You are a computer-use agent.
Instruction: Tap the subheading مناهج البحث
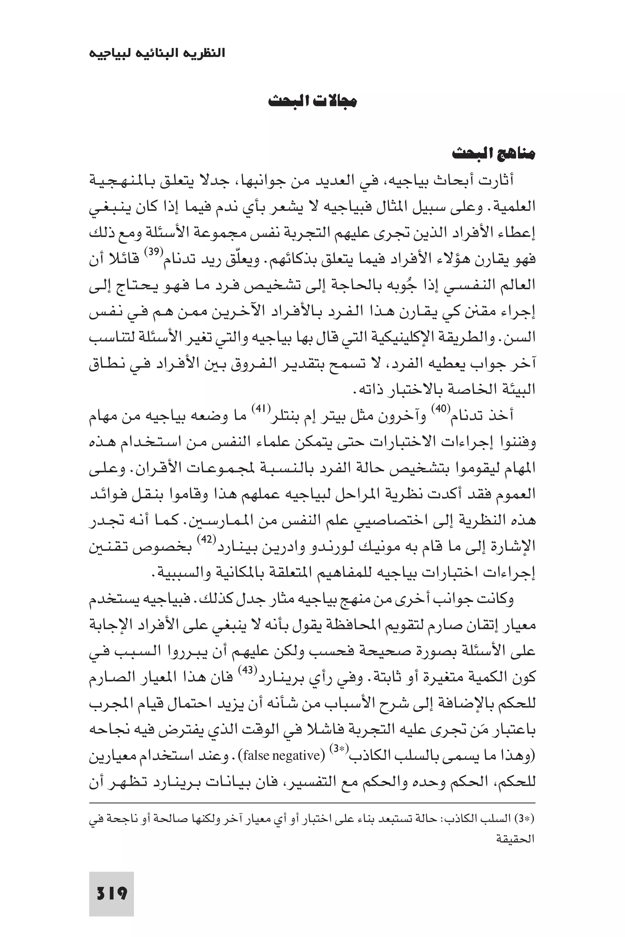pos(493,154)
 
